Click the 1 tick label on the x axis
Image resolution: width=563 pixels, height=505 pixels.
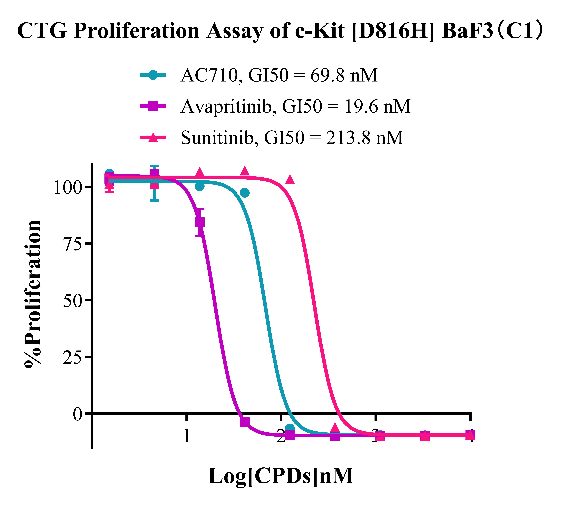(187, 436)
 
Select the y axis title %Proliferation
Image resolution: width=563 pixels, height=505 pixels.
(33, 294)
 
